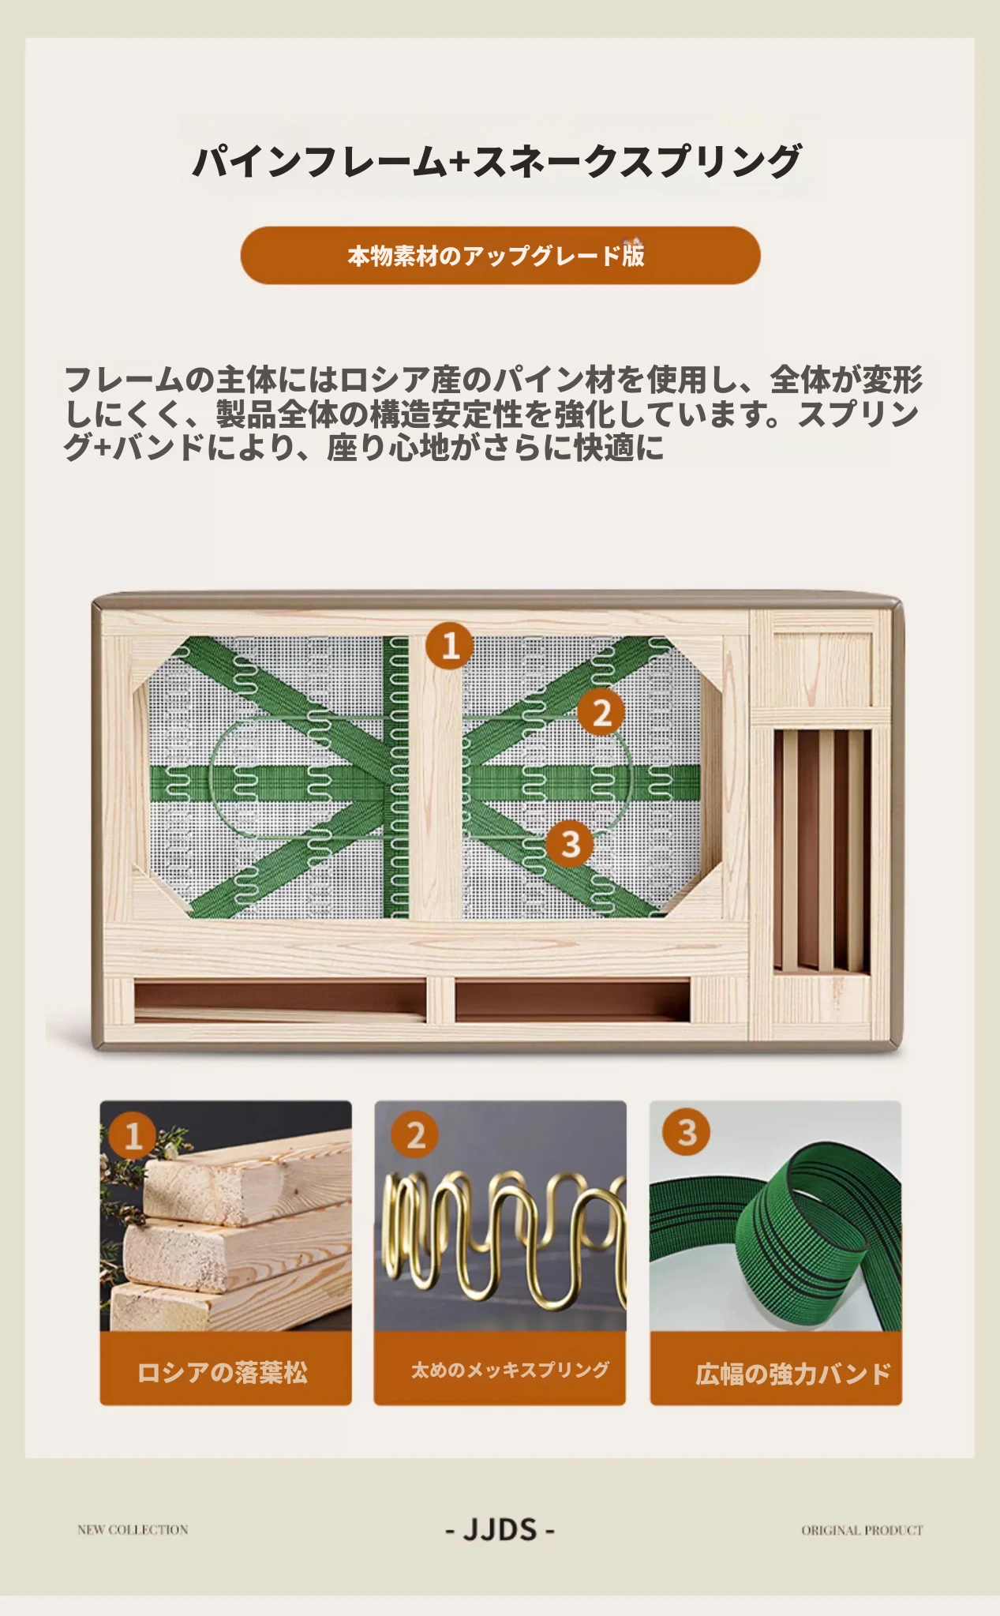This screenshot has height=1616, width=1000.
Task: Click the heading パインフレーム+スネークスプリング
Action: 498,160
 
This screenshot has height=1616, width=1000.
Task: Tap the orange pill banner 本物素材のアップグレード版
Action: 500,256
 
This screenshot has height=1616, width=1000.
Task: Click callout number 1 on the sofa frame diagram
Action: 450,646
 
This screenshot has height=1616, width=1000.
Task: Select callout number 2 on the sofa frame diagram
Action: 601,712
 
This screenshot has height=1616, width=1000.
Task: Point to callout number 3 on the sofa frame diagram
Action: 571,843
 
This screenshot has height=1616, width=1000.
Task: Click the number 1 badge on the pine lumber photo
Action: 133,1135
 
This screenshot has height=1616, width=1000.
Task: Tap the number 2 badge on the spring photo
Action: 415,1135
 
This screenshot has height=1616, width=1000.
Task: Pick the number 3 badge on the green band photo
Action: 687,1132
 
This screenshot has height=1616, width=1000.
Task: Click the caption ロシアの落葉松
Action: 223,1372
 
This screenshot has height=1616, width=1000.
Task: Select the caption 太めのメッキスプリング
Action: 510,1370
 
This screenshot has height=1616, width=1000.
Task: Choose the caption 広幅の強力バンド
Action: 792,1374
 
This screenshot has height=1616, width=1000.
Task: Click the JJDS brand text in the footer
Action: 500,1530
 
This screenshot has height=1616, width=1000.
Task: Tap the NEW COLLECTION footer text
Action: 133,1529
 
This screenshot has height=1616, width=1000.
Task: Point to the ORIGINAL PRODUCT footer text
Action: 862,1530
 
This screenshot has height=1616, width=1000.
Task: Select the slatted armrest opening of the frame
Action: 822,850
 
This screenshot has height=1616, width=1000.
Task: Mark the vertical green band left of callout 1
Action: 395,777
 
